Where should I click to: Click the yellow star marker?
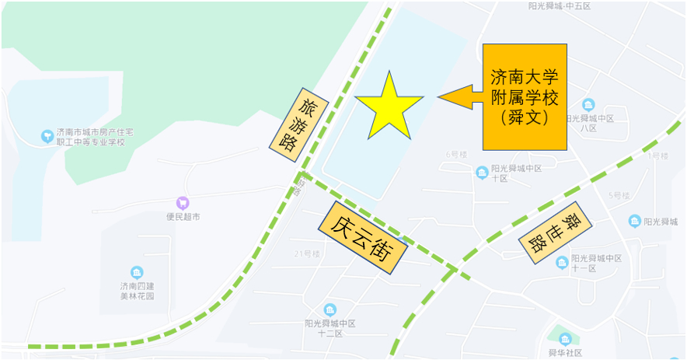(x=388, y=107)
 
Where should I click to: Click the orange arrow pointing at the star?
(x=460, y=97)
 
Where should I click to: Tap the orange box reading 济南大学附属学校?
(x=525, y=97)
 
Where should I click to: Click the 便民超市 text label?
(x=183, y=217)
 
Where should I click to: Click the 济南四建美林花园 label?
(x=137, y=291)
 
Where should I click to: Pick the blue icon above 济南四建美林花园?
(x=137, y=272)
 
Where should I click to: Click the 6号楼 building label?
(x=456, y=155)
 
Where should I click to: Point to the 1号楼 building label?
(x=658, y=156)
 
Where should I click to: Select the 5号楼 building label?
(x=619, y=195)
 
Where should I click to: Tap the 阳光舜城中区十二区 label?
(x=330, y=328)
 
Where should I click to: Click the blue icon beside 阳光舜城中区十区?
(x=483, y=172)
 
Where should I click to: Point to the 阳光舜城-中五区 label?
(x=559, y=5)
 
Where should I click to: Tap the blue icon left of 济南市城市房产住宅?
(x=47, y=137)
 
